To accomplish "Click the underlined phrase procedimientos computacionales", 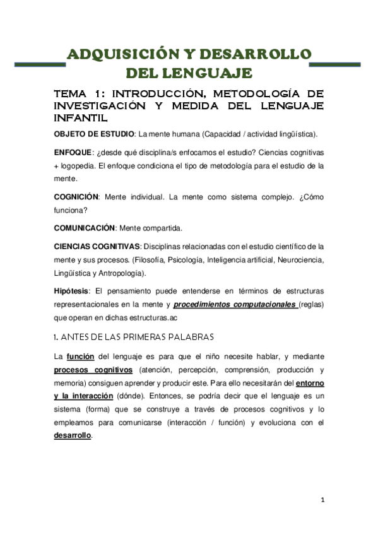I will (x=226, y=305).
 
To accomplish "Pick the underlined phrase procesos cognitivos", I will (x=93, y=370).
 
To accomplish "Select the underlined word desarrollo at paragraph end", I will (x=73, y=436).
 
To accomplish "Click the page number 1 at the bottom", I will (x=322, y=500).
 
